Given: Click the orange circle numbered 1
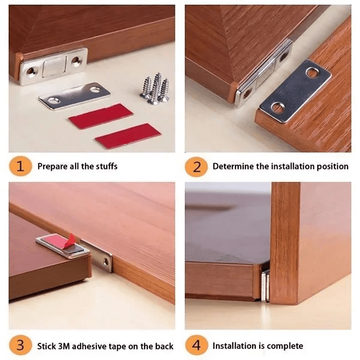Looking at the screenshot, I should (x=20, y=167).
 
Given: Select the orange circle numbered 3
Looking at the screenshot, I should (x=20, y=346).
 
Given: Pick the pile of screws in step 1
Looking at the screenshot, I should (x=156, y=89).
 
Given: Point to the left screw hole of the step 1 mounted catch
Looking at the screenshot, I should (x=31, y=72).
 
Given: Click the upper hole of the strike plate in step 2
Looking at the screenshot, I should (x=312, y=72).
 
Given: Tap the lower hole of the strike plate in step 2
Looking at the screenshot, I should (x=278, y=107).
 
